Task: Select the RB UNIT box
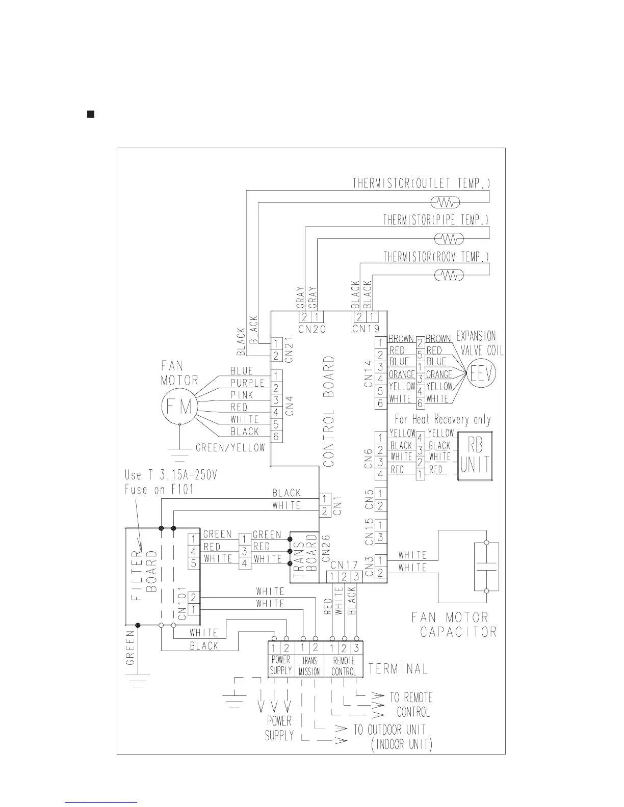click(475, 457)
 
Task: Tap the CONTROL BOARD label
click(329, 412)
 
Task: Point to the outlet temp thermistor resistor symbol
click(446, 203)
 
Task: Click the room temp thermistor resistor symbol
click(449, 275)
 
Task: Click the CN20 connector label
click(312, 329)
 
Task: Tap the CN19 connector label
click(366, 329)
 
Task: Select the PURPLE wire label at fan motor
click(248, 383)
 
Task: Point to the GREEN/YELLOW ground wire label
click(230, 447)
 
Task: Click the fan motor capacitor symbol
click(486, 567)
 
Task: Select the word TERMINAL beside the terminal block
click(398, 668)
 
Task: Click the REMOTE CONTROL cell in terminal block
click(344, 666)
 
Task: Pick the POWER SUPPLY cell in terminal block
click(280, 666)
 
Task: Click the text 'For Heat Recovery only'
click(443, 420)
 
